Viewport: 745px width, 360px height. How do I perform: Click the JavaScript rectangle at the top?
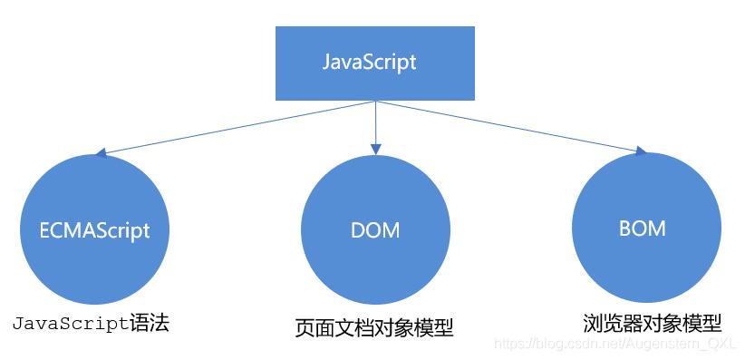point(373,63)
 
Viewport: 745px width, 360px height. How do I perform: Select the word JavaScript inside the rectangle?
point(370,63)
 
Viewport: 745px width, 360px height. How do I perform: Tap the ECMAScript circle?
point(94,229)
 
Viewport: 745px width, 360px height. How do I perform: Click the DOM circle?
point(374,229)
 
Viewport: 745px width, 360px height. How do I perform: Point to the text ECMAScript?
point(94,229)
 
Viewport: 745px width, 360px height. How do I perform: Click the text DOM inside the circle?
point(374,230)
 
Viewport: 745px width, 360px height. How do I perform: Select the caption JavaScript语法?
point(91,323)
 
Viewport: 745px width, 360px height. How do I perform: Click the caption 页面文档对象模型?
point(374,327)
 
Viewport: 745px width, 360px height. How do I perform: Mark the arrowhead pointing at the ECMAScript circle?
point(101,155)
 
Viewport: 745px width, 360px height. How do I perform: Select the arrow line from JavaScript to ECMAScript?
point(236,127)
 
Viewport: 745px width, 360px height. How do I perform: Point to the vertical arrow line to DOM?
point(374,122)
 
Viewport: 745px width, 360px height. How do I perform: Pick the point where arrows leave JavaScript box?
point(374,100)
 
